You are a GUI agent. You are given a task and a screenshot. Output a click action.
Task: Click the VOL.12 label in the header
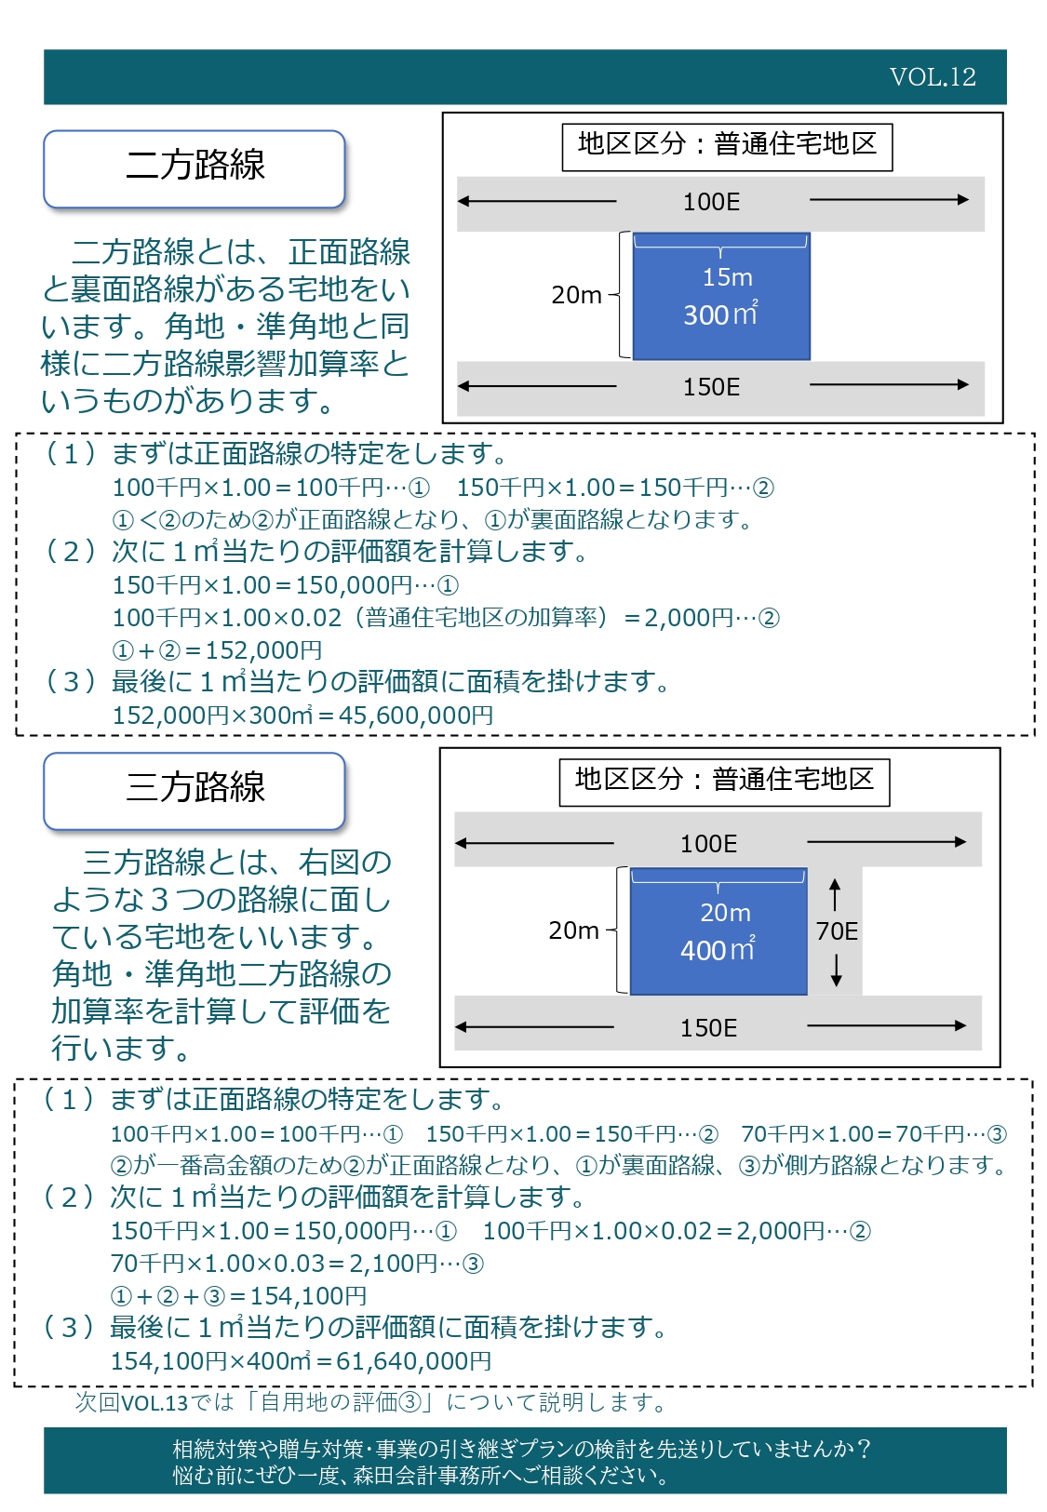(x=933, y=77)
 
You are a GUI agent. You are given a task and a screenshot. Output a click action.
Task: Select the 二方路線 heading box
(x=195, y=168)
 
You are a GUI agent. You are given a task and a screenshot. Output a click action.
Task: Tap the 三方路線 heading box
(x=195, y=791)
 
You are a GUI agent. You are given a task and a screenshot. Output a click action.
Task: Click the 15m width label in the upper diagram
(x=727, y=276)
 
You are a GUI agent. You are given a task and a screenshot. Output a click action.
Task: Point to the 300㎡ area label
(x=720, y=314)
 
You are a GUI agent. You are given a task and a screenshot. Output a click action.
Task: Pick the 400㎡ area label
(x=718, y=949)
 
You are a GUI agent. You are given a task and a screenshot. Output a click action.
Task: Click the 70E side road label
(x=837, y=931)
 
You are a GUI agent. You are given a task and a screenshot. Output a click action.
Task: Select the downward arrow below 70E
(x=836, y=970)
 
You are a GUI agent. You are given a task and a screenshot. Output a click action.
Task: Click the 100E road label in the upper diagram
(x=712, y=202)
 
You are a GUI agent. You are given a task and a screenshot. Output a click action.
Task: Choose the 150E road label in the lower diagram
(x=709, y=1028)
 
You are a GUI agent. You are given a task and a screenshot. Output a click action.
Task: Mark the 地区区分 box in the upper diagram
(x=727, y=147)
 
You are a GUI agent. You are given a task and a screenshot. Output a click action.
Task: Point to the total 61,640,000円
(x=414, y=1360)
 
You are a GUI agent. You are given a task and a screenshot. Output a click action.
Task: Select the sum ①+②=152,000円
(x=217, y=650)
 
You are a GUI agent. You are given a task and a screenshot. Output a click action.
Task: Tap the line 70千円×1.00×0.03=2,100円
(x=297, y=1263)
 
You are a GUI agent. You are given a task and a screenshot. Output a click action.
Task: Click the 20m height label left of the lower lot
(x=573, y=930)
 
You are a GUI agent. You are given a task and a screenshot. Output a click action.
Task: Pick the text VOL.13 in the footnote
(x=154, y=1402)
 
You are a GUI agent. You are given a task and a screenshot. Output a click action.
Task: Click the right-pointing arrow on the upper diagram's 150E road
(x=889, y=385)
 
